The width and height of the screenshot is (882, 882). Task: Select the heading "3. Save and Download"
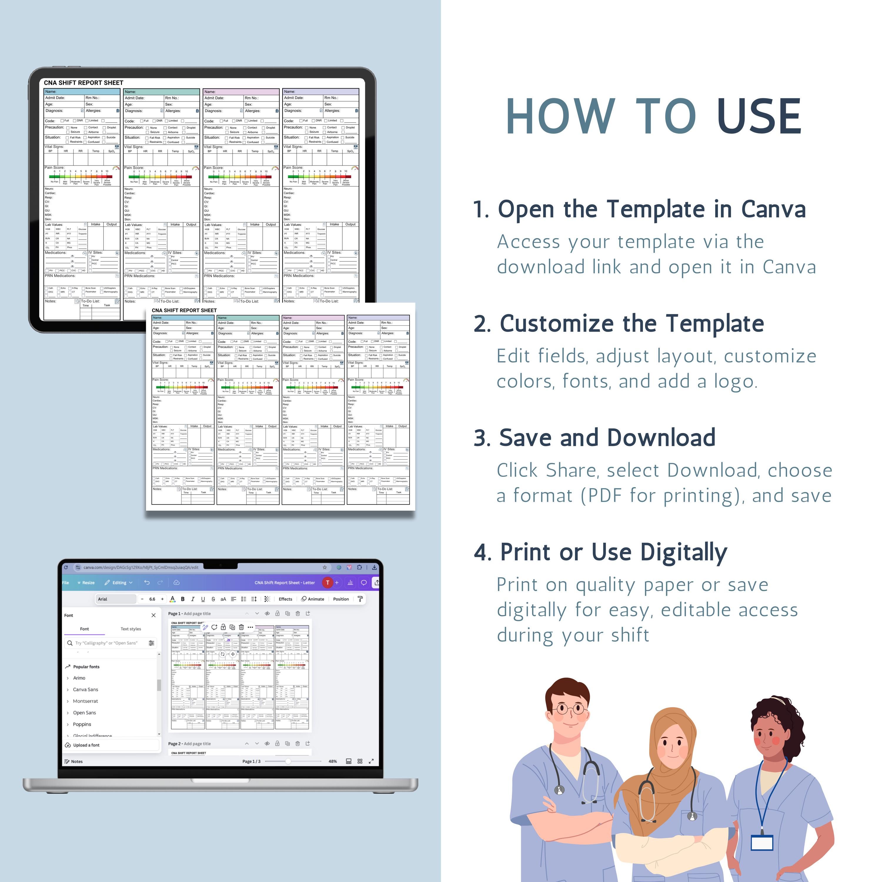tap(594, 438)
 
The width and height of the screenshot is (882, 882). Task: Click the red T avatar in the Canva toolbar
tap(327, 582)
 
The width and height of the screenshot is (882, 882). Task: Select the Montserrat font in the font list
tap(85, 701)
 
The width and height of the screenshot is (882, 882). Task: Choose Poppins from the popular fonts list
tap(82, 724)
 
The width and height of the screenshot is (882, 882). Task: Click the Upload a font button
tap(86, 745)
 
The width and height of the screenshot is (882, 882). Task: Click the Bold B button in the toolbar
tap(183, 599)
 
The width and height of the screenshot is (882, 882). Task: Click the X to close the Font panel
tap(153, 615)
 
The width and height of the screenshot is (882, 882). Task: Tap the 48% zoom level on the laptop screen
tap(333, 761)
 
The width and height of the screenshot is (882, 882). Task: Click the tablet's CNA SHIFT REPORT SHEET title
tap(83, 83)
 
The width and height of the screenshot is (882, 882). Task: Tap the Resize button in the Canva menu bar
tap(86, 582)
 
